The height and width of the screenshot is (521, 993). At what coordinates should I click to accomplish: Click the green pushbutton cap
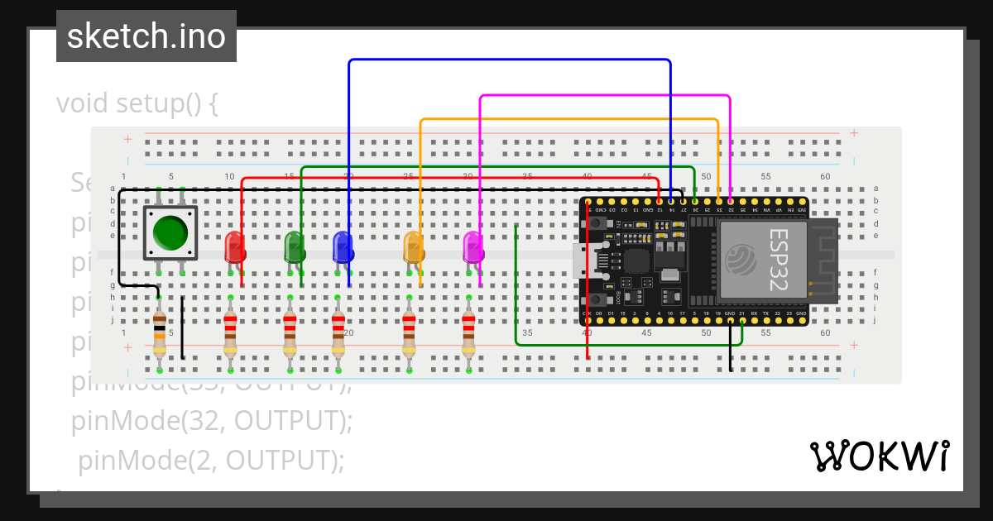(x=170, y=232)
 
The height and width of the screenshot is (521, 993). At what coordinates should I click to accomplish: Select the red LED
(x=235, y=246)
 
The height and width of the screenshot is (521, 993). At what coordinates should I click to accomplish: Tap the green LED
(x=294, y=246)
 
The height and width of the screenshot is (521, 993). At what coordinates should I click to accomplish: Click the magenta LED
(x=473, y=246)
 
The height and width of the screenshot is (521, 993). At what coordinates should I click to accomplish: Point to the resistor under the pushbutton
(x=160, y=333)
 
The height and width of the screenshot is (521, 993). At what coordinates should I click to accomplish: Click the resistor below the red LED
(x=231, y=333)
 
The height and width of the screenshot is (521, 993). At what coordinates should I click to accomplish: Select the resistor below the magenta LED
(x=468, y=333)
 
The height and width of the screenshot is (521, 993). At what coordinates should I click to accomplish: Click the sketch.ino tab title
(x=146, y=36)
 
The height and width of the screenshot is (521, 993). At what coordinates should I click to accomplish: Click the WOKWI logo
(x=879, y=456)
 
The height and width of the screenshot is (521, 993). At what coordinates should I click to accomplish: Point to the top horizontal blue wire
(x=509, y=60)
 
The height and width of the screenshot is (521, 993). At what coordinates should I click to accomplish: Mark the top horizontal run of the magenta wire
(x=604, y=96)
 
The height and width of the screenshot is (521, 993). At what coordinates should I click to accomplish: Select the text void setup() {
(x=137, y=104)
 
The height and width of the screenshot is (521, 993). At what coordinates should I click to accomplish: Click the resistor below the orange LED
(x=409, y=333)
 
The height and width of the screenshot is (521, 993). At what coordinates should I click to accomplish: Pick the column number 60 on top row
(x=824, y=177)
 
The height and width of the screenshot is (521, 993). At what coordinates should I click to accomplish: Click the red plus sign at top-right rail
(x=854, y=132)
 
